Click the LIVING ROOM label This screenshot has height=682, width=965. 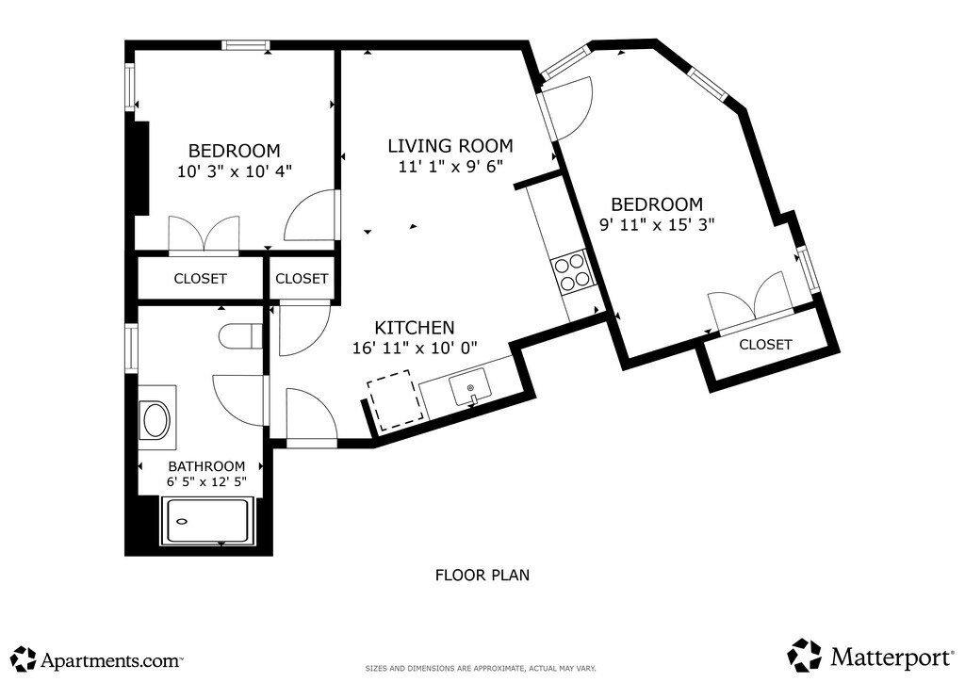[450, 146]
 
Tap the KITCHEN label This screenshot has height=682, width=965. [415, 327]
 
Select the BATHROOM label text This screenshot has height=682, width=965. [206, 466]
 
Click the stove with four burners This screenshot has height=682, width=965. [570, 272]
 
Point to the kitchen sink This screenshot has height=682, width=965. [470, 387]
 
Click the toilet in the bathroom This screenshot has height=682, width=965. [241, 335]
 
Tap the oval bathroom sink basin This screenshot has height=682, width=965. [156, 420]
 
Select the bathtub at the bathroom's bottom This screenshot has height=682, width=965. [206, 521]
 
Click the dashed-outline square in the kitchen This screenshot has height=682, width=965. [395, 400]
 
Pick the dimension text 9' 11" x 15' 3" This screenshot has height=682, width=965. [657, 224]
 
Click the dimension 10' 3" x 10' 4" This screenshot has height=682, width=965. [235, 170]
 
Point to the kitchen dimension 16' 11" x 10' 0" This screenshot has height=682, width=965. [415, 349]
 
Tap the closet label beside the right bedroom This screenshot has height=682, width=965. [765, 345]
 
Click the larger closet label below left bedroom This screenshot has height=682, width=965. [200, 279]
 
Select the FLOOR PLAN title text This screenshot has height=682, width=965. [482, 575]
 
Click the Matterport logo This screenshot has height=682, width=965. [870, 656]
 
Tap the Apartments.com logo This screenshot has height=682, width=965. [97, 659]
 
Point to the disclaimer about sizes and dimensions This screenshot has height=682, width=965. [481, 668]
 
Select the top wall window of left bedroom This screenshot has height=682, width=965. [246, 45]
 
